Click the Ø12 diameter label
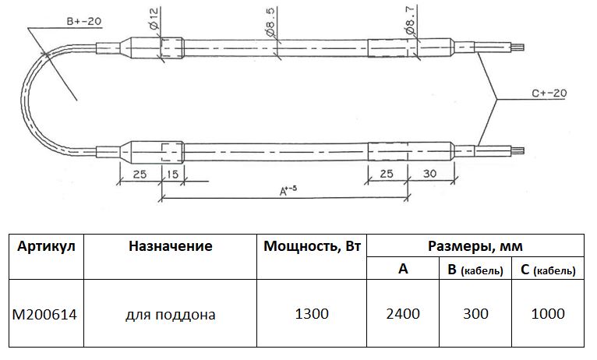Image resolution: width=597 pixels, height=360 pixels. tap(154, 19)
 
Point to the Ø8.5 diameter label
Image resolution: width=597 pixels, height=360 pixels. tap(270, 23)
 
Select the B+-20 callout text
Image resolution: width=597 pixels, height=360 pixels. tap(84, 21)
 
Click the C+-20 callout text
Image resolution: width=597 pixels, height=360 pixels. tap(549, 94)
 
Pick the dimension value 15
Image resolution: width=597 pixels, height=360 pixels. tap(172, 175)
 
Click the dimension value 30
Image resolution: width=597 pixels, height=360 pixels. tap(430, 174)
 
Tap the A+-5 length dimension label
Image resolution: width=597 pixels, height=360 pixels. tap(288, 190)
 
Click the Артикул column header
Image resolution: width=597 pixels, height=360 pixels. tap(46, 246)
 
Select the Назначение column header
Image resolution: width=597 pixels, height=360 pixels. tap(170, 245)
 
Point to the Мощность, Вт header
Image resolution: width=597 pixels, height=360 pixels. tap(312, 246)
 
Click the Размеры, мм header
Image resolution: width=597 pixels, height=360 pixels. tap(475, 246)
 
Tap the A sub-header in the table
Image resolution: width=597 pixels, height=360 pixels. tap(403, 269)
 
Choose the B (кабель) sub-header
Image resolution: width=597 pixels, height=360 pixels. tap(475, 270)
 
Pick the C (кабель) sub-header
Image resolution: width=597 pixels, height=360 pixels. tap(547, 270)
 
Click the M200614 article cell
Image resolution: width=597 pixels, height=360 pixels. tap(44, 314)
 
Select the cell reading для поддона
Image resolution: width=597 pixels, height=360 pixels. tap(171, 315)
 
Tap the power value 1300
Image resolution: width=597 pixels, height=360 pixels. tap(312, 314)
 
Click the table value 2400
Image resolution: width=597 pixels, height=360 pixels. tap(403, 314)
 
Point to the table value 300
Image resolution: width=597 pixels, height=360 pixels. tap(475, 314)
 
